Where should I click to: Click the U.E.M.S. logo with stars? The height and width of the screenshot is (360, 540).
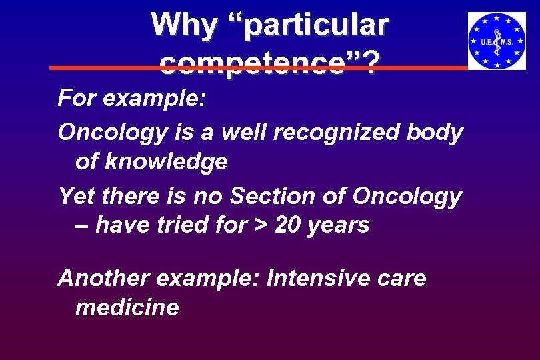coord(497,41)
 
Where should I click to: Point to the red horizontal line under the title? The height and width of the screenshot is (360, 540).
coord(100,68)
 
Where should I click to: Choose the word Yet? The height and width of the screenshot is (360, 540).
coord(75,196)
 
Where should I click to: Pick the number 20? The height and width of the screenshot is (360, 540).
coord(288,225)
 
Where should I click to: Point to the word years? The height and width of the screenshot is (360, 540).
coord(339,225)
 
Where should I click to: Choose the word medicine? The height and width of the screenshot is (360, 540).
coord(127,307)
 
